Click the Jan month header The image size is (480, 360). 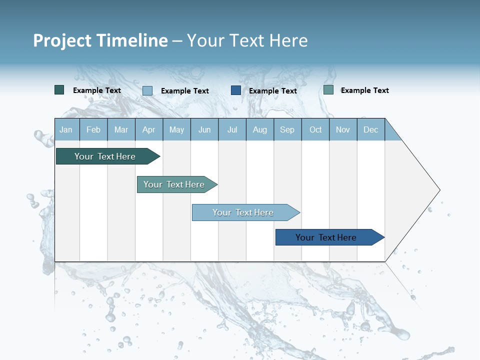[x=66, y=129]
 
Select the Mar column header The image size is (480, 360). [x=121, y=129]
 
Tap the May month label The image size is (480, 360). [x=176, y=129]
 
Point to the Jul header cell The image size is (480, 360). [x=232, y=129]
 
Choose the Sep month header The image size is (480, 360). [x=287, y=129]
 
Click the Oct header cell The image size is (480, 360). [x=315, y=129]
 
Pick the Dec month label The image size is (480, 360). [x=370, y=129]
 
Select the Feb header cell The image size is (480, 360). [x=93, y=129]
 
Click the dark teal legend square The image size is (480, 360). [x=59, y=90]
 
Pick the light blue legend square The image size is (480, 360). [x=147, y=90]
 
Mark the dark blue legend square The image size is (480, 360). [x=236, y=90]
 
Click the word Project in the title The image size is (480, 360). [x=62, y=40]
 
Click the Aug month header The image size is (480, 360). [x=259, y=129]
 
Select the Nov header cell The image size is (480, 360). [x=343, y=129]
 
